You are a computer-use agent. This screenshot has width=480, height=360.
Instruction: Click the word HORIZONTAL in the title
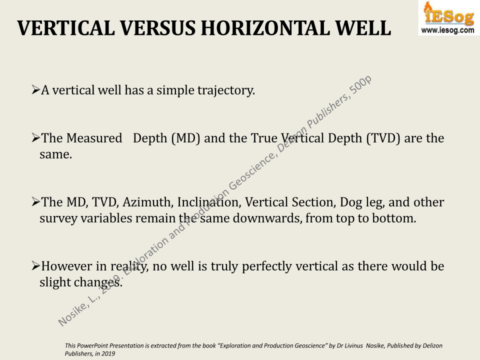coord(265,28)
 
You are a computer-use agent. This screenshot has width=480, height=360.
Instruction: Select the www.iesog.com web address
coord(448,30)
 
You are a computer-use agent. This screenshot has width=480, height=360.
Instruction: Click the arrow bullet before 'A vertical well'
coord(36,90)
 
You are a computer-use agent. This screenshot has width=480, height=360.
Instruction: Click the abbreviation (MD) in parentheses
coord(186,138)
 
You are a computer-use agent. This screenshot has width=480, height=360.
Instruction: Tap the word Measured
coord(94,138)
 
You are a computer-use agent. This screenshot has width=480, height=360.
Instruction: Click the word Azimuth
coord(148,202)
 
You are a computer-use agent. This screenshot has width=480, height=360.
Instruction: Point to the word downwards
coord(267,218)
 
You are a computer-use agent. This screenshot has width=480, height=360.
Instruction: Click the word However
coord(66,266)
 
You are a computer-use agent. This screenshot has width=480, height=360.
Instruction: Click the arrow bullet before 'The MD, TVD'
coord(36,202)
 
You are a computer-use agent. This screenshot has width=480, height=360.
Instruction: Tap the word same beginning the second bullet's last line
coord(55,154)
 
